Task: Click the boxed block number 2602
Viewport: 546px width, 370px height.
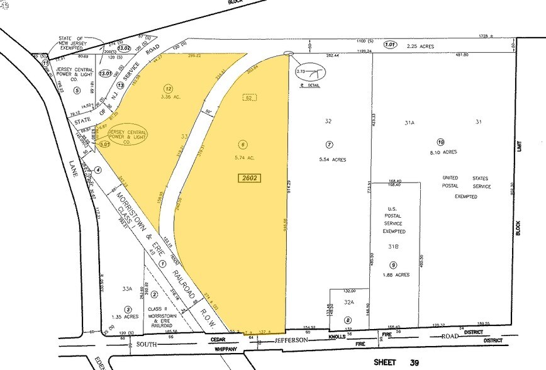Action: point(250,179)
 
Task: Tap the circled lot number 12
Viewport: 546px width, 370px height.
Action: point(168,88)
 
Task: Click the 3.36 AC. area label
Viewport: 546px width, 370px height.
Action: point(168,98)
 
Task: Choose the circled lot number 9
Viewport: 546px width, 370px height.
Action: point(393,265)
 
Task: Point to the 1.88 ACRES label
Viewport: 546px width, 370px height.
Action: point(396,275)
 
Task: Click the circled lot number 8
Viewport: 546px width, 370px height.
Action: point(348,320)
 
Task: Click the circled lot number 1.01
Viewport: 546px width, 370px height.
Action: point(390,45)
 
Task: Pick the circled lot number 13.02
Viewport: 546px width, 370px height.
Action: point(123,48)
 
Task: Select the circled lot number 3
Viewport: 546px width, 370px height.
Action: point(128,309)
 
